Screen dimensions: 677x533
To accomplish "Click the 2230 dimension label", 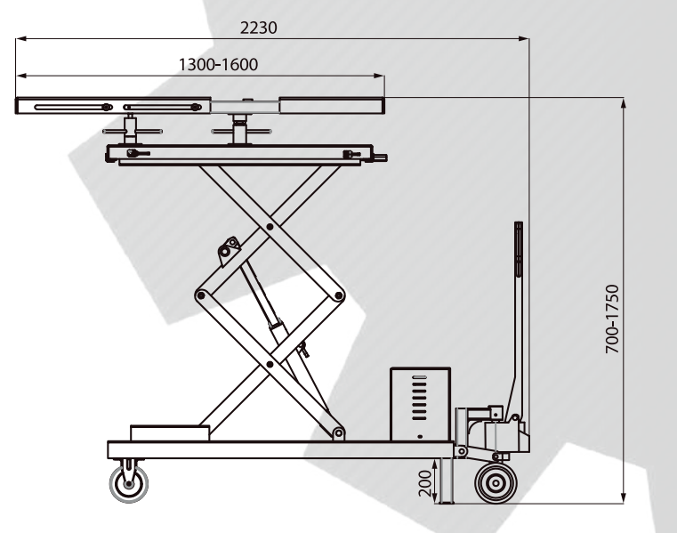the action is tap(258, 28).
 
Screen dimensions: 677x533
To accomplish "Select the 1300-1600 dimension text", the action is tap(218, 64).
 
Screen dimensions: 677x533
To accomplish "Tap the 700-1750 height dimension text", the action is tap(612, 319).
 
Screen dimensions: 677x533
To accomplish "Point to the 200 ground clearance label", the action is tap(425, 483).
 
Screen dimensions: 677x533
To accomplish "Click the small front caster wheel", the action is tap(129, 484).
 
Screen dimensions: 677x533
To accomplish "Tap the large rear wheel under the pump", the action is tap(496, 483).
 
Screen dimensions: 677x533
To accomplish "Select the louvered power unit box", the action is tap(420, 404).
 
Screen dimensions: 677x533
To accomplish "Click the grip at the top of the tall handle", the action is tap(519, 248).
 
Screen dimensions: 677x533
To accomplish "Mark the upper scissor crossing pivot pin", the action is tap(270, 227).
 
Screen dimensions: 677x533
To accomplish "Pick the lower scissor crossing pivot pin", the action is tap(270, 365).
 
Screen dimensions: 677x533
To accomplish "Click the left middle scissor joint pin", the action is tap(200, 296).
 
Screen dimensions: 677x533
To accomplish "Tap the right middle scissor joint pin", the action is tap(339, 296).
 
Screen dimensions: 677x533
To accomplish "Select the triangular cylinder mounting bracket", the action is tap(229, 251).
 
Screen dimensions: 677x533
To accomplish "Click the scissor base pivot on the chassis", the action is tap(338, 432).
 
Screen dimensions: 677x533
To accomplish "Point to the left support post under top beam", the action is tap(130, 129).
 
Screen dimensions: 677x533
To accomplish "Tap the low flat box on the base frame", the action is tap(170, 433).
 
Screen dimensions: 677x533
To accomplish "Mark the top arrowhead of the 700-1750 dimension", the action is tap(623, 104).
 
